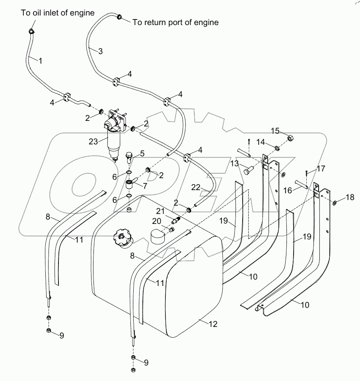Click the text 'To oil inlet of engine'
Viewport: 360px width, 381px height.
[58, 13]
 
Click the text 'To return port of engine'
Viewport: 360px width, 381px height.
[175, 23]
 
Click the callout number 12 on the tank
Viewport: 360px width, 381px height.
[213, 324]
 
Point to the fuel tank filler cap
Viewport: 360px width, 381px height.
[122, 240]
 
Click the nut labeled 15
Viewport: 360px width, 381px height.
[290, 138]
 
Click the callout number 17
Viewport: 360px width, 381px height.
[321, 168]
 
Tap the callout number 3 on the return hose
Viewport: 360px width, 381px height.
[100, 51]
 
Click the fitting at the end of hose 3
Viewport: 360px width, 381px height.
[119, 17]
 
